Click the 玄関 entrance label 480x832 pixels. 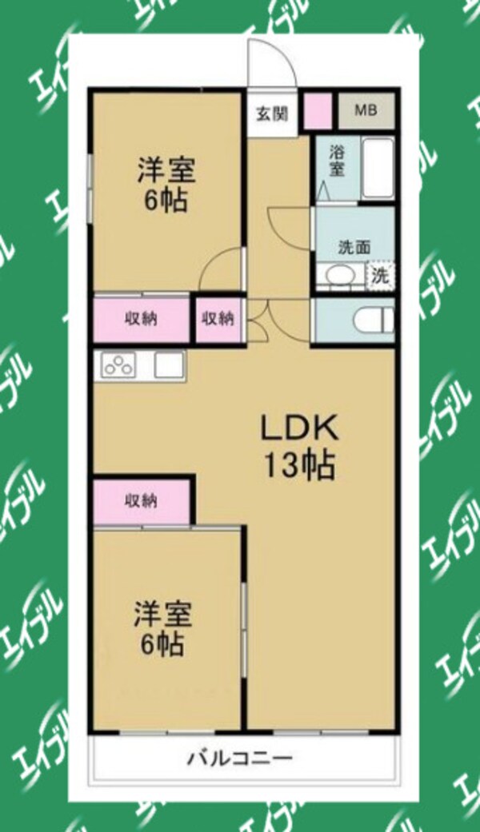pos(272,113)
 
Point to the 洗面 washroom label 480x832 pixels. pos(354,247)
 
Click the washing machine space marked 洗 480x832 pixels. pos(381,276)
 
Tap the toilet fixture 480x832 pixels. pos(373,320)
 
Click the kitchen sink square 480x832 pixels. pos(169,366)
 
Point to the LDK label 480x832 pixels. pos(299,430)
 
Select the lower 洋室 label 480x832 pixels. pos(162,615)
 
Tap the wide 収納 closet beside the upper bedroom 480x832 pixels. pos(141,318)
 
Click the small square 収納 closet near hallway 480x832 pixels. pos(218,318)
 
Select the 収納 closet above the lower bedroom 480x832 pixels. pos(141,501)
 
